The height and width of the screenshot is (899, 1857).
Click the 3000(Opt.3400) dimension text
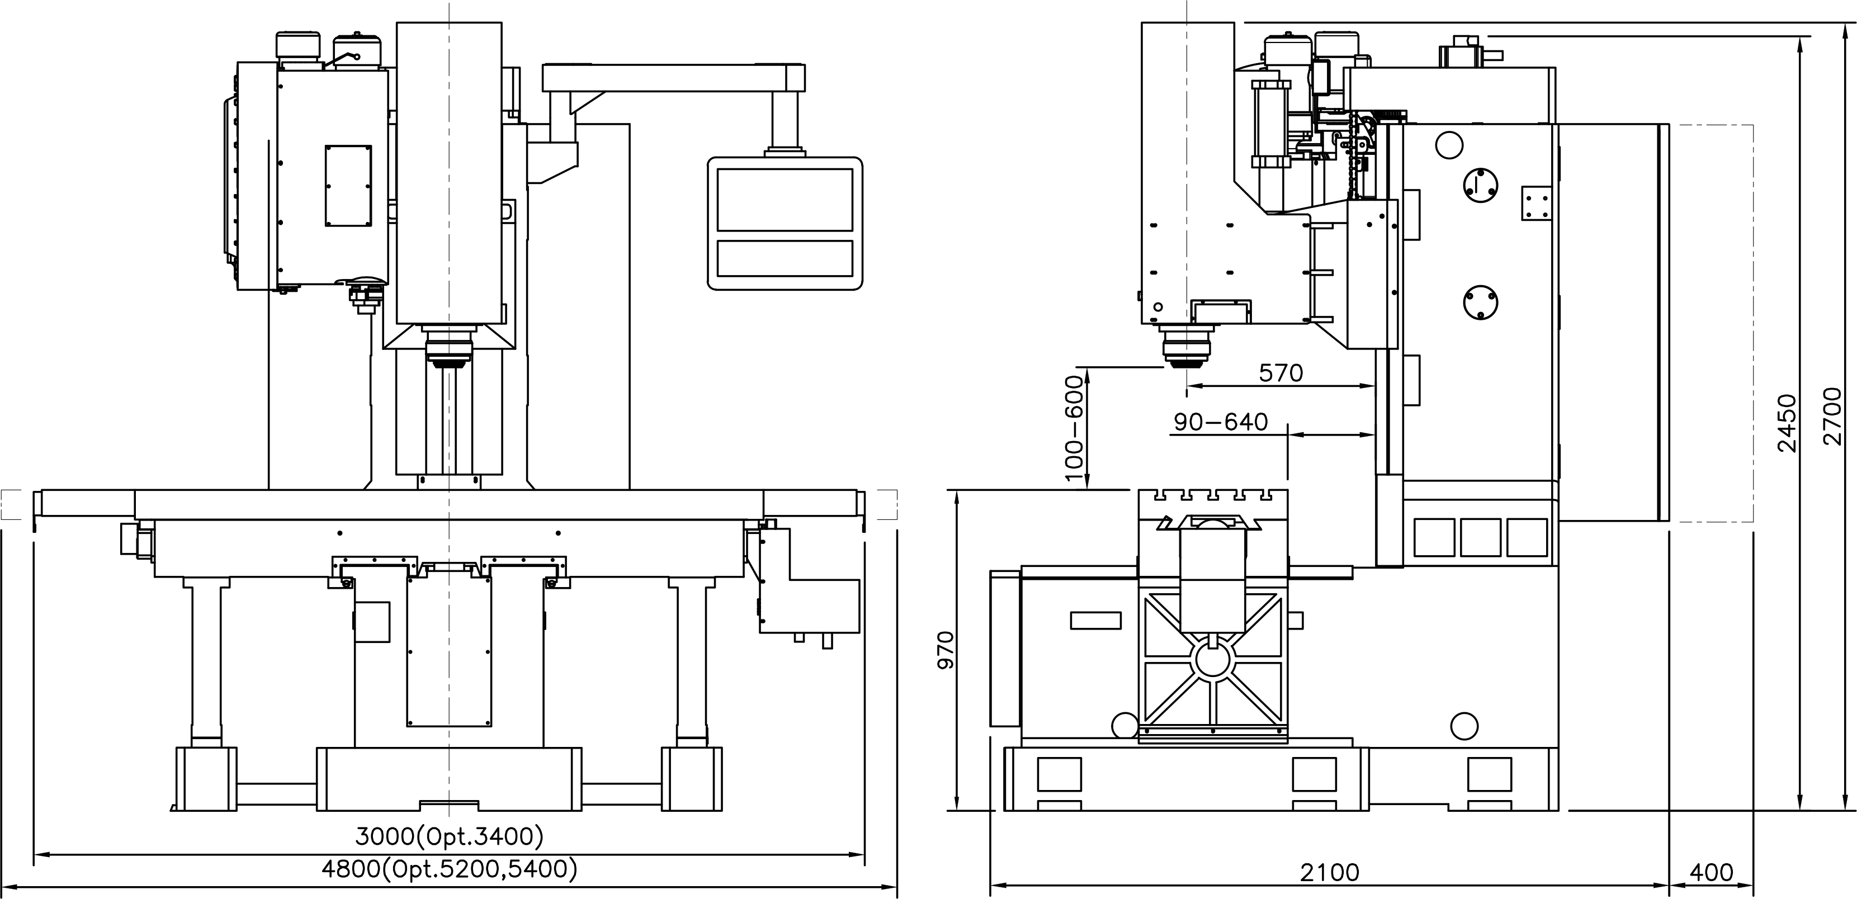(449, 836)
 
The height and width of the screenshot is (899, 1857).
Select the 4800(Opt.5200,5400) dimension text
(449, 870)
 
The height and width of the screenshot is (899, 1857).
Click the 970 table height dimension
(945, 650)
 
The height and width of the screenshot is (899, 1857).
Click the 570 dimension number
(1281, 373)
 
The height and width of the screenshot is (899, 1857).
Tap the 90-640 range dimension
(1221, 422)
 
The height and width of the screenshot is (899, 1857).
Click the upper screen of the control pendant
(785, 200)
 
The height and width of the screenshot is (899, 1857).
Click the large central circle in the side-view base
(1214, 659)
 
